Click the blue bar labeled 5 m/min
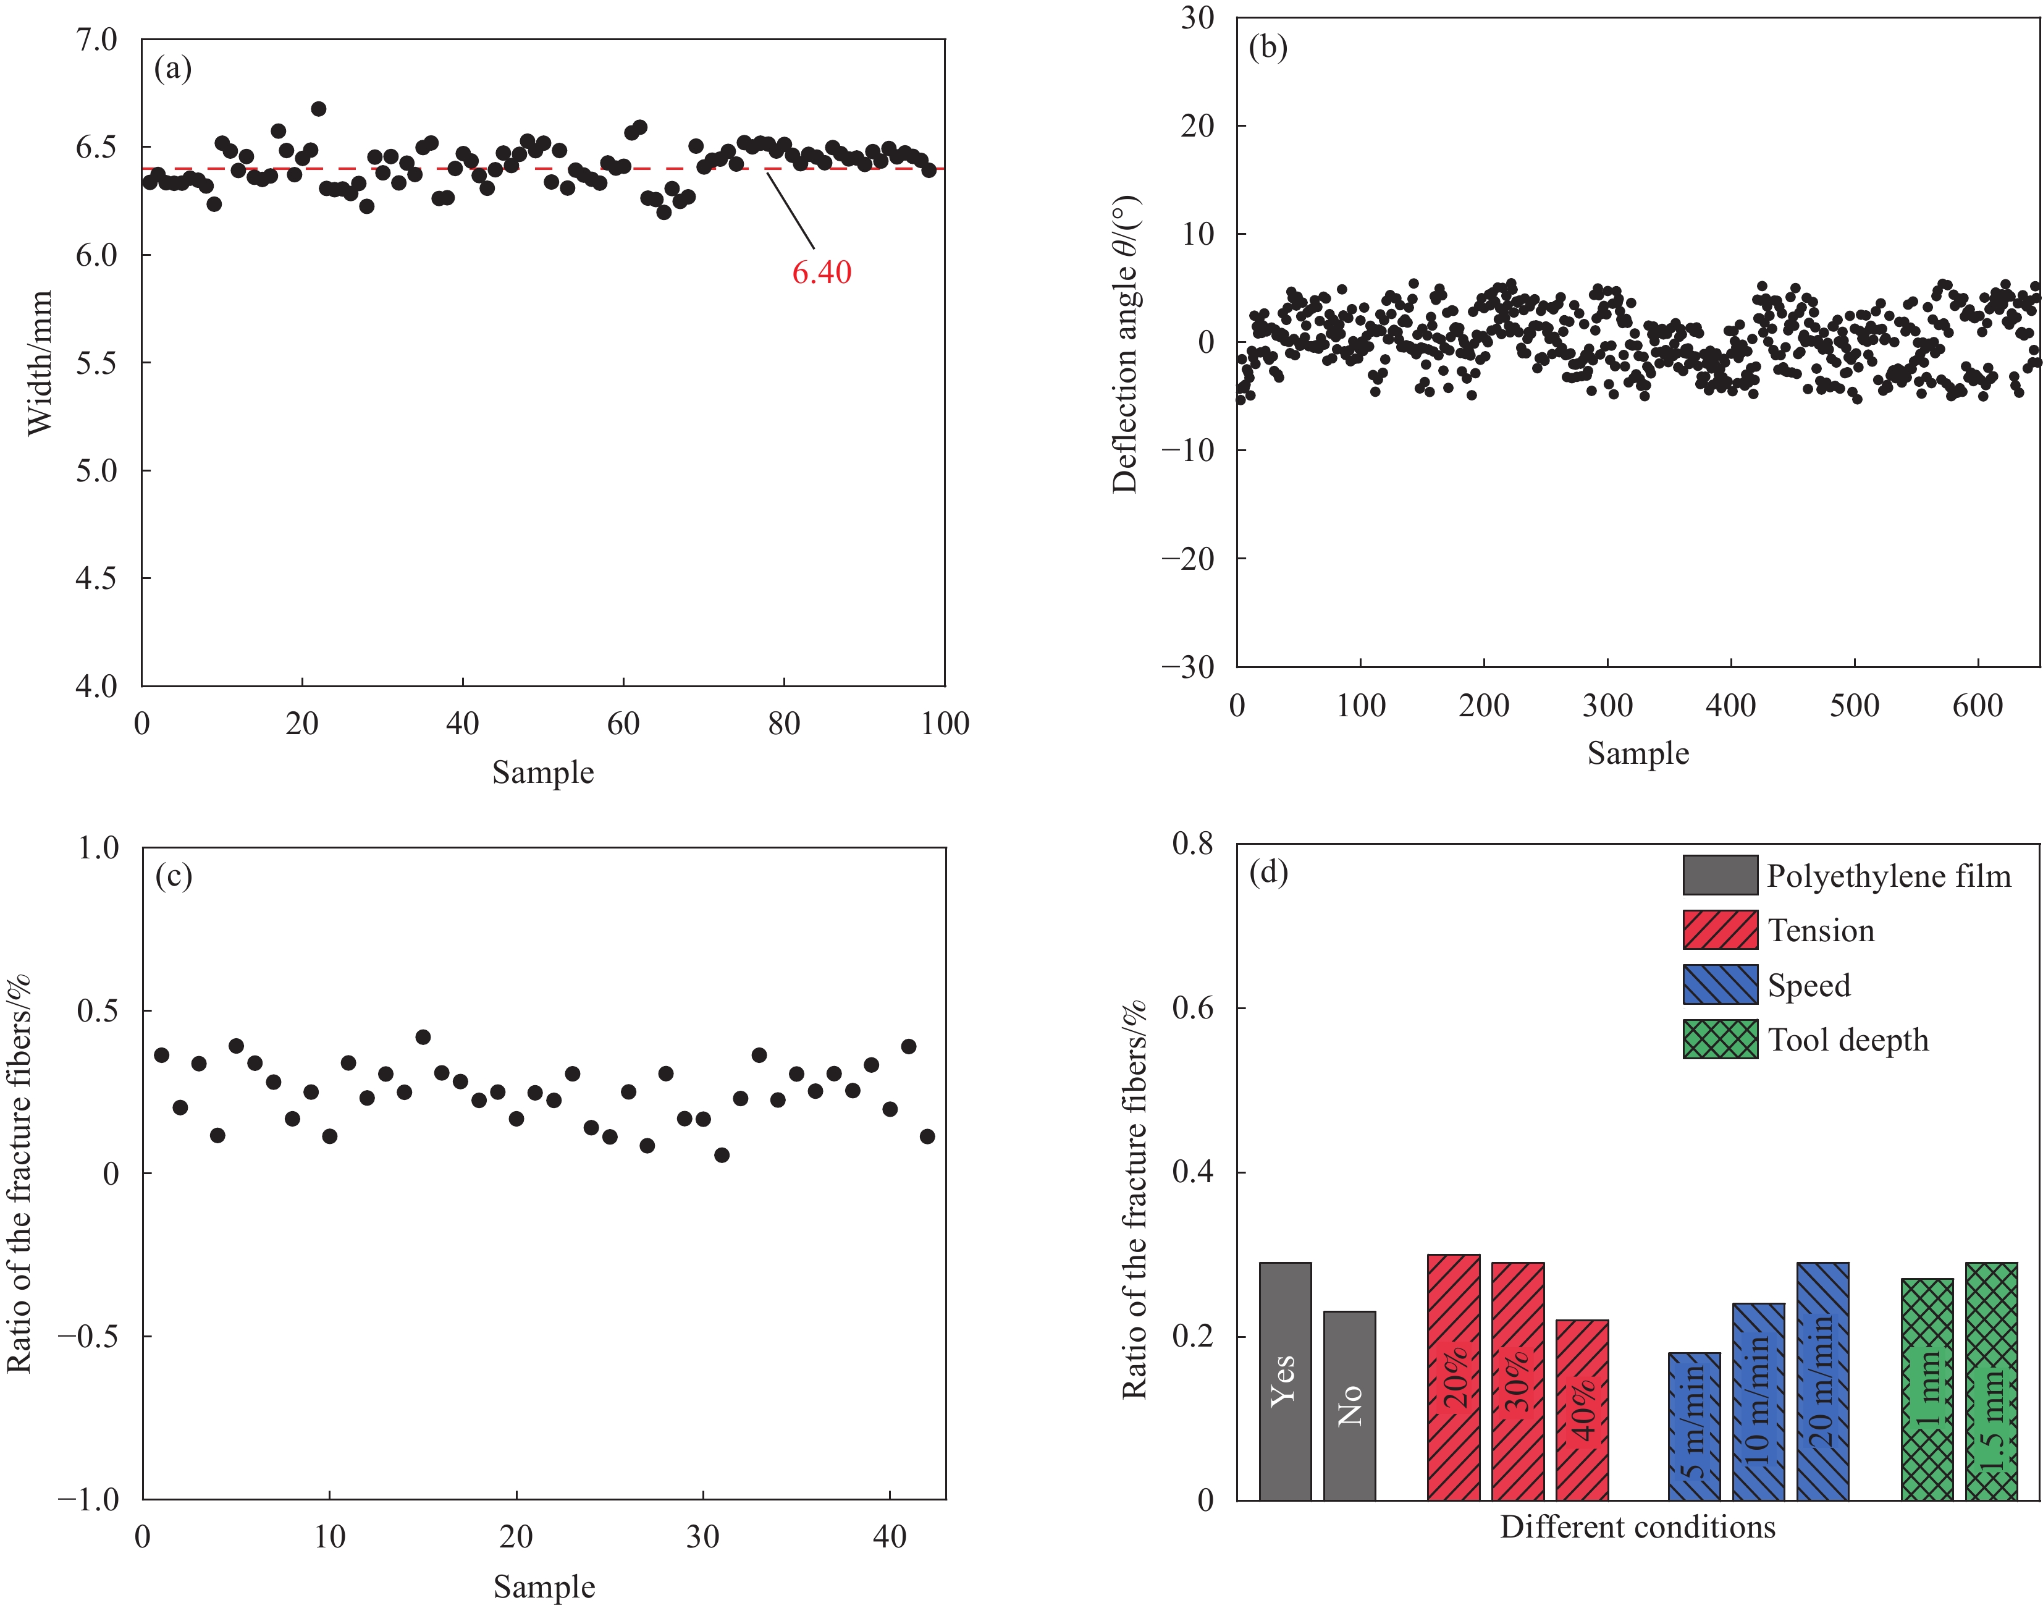(1694, 1426)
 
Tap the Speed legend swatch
(1719, 984)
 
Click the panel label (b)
(1268, 47)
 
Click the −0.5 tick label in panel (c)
(88, 1336)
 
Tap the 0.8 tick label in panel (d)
(1192, 844)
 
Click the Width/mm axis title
(40, 363)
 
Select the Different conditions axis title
(1637, 1527)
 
